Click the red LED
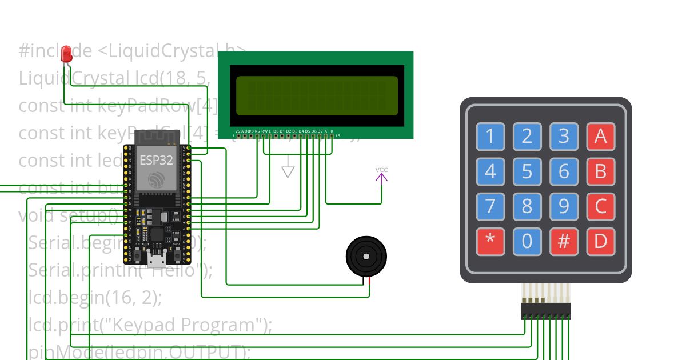click(67, 54)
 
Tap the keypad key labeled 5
click(527, 172)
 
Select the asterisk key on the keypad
click(490, 241)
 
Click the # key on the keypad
click(564, 241)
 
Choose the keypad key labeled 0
click(527, 241)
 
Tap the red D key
click(600, 241)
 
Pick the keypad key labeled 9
click(564, 206)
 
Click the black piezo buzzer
click(366, 258)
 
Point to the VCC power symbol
click(381, 175)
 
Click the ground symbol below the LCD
click(288, 171)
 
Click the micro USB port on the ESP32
click(155, 261)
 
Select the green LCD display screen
click(317, 95)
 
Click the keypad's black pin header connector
click(545, 311)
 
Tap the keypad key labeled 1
click(490, 137)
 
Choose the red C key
click(600, 206)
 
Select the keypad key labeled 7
click(490, 206)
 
